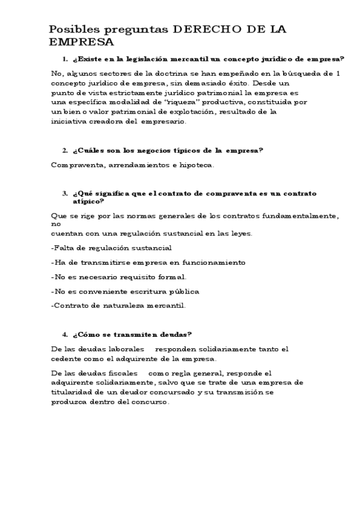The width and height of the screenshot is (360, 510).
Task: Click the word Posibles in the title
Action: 69,29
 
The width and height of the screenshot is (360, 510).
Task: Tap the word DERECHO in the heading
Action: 203,29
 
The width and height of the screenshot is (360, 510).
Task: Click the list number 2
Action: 65,150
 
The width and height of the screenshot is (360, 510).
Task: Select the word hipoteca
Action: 197,164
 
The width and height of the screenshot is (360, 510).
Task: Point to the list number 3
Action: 65,193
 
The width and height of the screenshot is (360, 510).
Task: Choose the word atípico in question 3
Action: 94,201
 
